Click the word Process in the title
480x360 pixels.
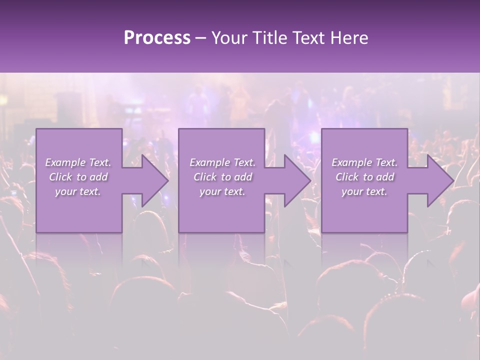pyautogui.click(x=157, y=38)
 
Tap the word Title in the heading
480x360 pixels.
pyautogui.click(x=270, y=38)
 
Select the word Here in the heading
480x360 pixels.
pyautogui.click(x=349, y=38)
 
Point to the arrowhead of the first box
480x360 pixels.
pyautogui.click(x=152, y=180)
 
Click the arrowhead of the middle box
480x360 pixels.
pyautogui.click(x=294, y=180)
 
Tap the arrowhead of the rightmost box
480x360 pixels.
pyautogui.click(x=437, y=180)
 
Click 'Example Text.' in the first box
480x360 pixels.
pyautogui.click(x=78, y=162)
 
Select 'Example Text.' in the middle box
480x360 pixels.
pyautogui.click(x=222, y=162)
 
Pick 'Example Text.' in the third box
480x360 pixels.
pyautogui.click(x=364, y=162)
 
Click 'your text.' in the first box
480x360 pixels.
pyautogui.click(x=78, y=191)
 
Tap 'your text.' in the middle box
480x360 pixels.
pyautogui.click(x=222, y=191)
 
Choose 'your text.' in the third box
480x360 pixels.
pyautogui.click(x=364, y=191)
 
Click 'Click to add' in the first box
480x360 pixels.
pyautogui.click(x=78, y=177)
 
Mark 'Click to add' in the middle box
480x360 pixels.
pyautogui.click(x=222, y=177)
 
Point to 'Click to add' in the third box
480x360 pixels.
pyautogui.click(x=364, y=177)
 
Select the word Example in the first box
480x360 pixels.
pyautogui.click(x=65, y=162)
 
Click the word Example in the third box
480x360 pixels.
pyautogui.click(x=351, y=162)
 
